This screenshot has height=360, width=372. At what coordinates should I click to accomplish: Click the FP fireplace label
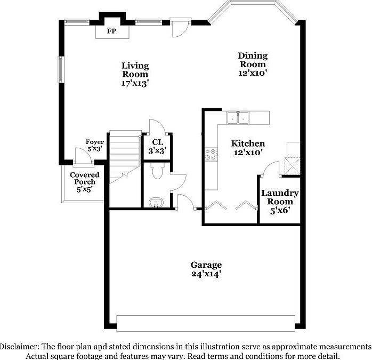pos(112,31)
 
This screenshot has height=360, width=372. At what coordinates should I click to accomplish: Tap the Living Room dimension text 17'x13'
pos(135,83)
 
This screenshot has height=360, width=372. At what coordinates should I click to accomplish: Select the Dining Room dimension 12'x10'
pos(253,73)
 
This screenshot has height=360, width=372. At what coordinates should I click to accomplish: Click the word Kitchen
pos(248,143)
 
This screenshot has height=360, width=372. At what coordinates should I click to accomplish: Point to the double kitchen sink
pos(237,118)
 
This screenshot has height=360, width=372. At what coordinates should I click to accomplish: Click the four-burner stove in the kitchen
pos(212,154)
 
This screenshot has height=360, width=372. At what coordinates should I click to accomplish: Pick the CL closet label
pos(157,142)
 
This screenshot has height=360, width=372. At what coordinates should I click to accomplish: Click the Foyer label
pos(94,142)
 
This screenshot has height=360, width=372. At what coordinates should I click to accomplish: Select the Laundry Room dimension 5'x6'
pos(279,211)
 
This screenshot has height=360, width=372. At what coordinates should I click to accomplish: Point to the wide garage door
pos(206,322)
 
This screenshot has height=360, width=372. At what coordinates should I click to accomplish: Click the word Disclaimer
pos(20,346)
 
